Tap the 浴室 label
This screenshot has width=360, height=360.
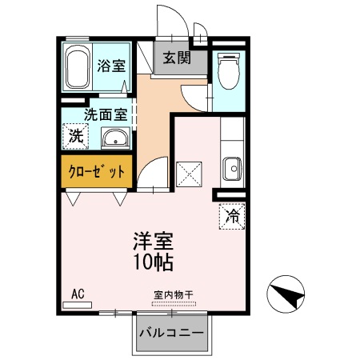coord(110,66)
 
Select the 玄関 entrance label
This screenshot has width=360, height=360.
coord(175,58)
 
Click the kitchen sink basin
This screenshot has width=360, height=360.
coord(232,168)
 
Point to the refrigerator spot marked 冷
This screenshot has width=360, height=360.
coord(230,216)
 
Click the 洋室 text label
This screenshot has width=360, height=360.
coord(152,241)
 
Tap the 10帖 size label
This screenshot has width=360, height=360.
coord(152,262)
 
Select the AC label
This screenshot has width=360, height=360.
coord(78,293)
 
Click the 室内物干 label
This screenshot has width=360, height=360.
coord(174,294)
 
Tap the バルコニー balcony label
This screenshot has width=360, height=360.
coord(170,331)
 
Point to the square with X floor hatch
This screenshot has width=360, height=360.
coord(190,172)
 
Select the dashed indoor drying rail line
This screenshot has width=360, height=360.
coord(174,303)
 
